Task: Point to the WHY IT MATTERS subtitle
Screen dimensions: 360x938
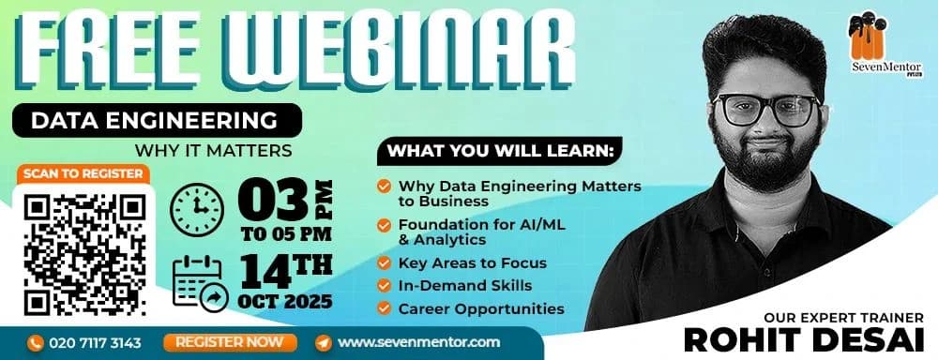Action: [x=214, y=149]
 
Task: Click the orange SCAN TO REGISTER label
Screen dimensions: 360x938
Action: [x=83, y=173]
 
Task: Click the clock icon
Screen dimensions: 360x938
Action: [x=196, y=207]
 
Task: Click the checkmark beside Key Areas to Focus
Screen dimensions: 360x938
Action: [x=385, y=263]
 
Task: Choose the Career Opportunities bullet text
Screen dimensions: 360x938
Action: [x=481, y=307]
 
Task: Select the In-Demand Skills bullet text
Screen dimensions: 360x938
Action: [x=464, y=285]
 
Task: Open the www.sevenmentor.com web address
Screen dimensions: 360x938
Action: [x=418, y=342]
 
